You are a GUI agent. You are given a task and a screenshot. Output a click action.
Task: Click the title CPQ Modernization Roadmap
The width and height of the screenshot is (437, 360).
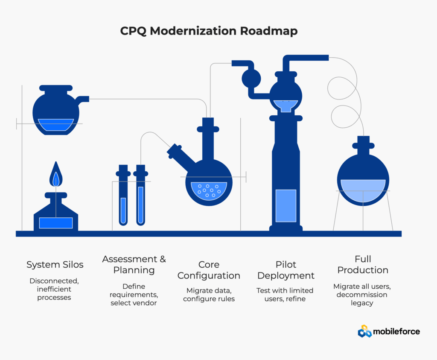209,31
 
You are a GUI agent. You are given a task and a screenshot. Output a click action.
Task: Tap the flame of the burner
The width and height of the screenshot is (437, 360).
55,175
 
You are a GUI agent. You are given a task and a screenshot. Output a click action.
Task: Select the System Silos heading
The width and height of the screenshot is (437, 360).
55,265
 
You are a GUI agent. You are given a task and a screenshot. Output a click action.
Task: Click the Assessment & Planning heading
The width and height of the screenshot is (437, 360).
134,265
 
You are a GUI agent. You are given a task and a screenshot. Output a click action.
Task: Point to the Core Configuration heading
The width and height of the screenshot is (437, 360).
209,270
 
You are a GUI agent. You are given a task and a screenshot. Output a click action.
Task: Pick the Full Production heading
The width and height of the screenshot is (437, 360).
363,265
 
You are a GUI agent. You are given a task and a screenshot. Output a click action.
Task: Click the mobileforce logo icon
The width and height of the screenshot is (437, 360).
365,331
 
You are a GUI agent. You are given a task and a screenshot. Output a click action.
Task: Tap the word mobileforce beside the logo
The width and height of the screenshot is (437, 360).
396,331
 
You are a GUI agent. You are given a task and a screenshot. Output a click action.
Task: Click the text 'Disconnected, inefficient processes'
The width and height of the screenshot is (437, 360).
54,289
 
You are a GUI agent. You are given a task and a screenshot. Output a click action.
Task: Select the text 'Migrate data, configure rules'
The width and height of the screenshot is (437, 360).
209,295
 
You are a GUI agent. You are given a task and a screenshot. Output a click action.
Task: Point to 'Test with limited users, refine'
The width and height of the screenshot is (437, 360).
285,295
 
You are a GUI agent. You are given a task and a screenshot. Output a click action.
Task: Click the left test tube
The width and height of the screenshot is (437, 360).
123,209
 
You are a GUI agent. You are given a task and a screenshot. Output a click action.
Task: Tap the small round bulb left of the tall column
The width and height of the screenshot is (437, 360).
251,78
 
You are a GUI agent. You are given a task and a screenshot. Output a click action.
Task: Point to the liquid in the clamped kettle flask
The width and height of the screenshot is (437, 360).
55,124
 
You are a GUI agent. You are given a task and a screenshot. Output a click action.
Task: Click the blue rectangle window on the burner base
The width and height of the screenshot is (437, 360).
56,222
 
